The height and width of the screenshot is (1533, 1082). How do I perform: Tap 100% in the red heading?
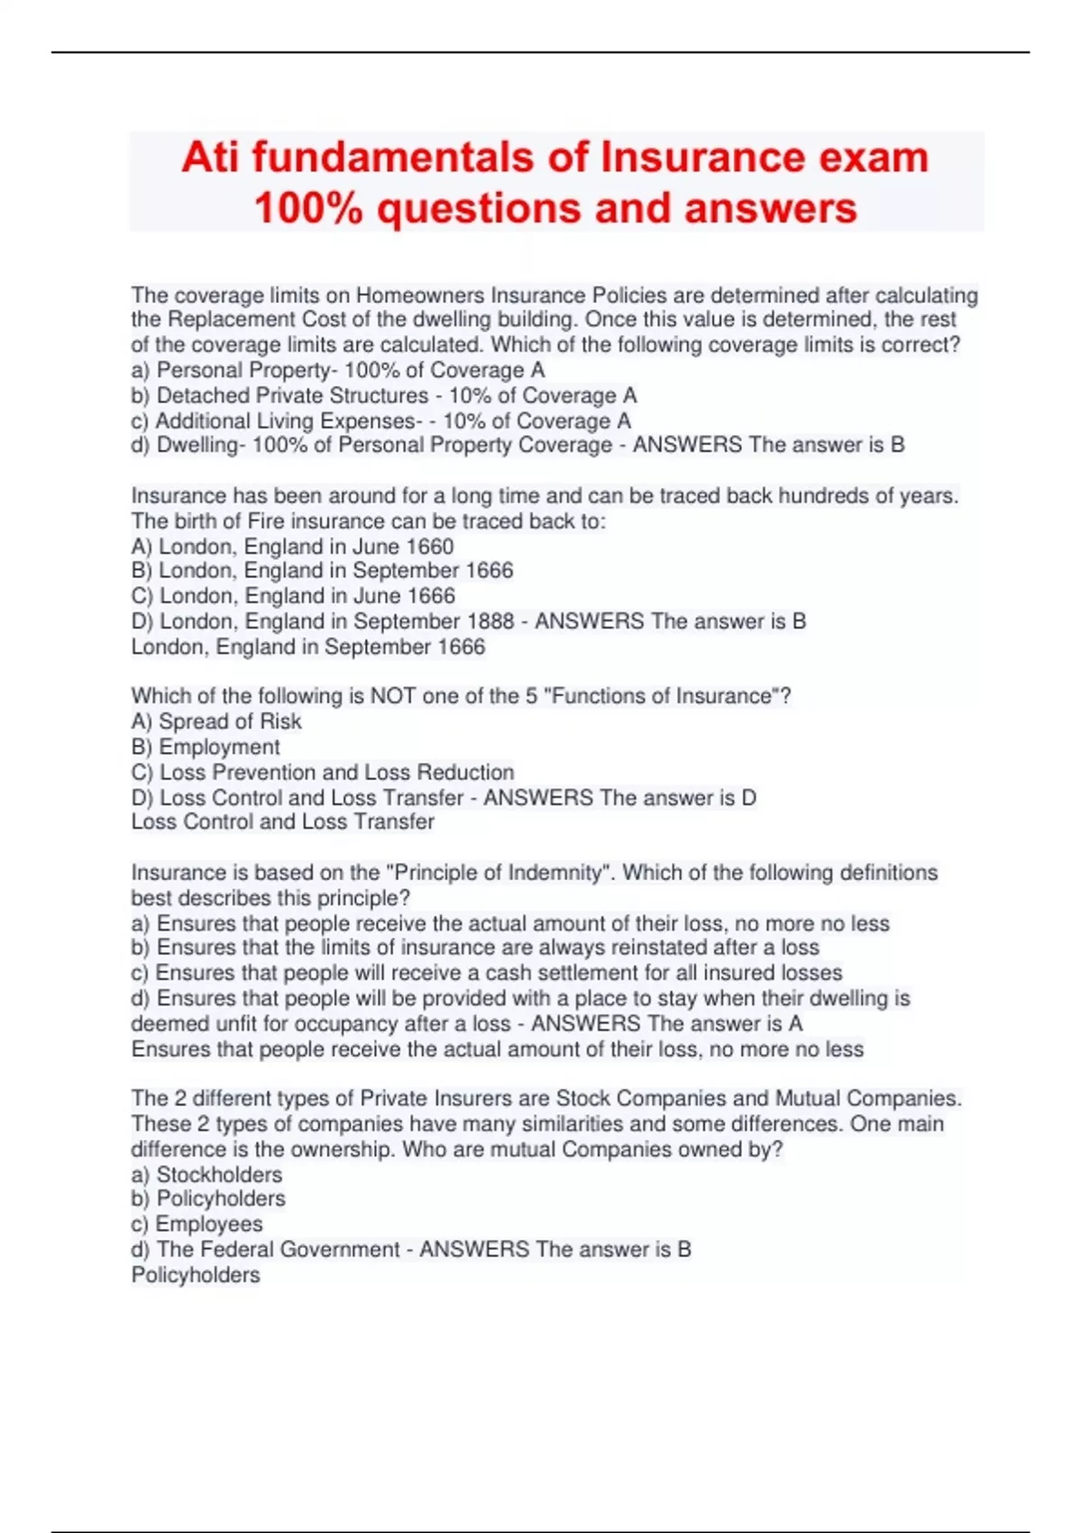coord(308,208)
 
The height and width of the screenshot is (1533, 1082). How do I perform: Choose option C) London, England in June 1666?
coord(293,596)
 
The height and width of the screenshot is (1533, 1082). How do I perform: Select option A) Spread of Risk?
coord(216,721)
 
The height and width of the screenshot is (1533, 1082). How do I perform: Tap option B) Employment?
coord(206,747)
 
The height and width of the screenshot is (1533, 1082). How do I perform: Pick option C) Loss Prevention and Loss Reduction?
coord(323,773)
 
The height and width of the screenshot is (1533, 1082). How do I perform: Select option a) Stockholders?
coord(206,1175)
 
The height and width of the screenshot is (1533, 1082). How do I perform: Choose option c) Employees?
coord(197,1225)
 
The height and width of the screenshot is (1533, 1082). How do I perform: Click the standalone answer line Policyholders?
coord(196,1275)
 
